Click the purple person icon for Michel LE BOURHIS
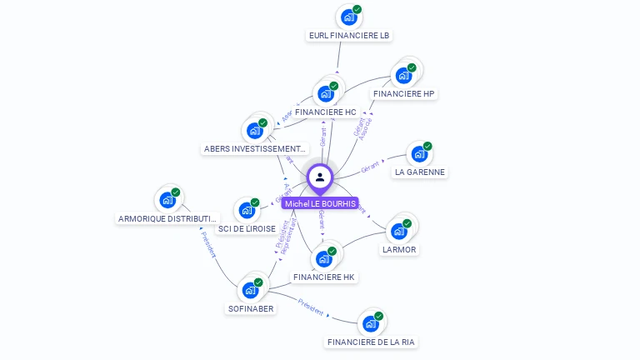pos(320,177)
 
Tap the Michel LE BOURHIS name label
pos(320,203)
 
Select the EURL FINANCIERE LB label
pos(349,36)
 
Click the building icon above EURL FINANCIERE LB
pos(348,17)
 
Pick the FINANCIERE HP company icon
pos(404,75)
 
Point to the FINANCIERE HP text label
pos(404,94)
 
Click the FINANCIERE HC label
pos(325,112)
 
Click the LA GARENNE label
pos(420,172)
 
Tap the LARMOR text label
pos(399,249)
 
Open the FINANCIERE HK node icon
pos(324,258)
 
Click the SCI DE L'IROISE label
pos(247,228)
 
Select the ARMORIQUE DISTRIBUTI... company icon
pos(167,200)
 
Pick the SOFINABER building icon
pos(250,290)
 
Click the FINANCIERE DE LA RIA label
pos(371,342)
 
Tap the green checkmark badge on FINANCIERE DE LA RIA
pos(379,316)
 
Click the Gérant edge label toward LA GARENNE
pos(370,167)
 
